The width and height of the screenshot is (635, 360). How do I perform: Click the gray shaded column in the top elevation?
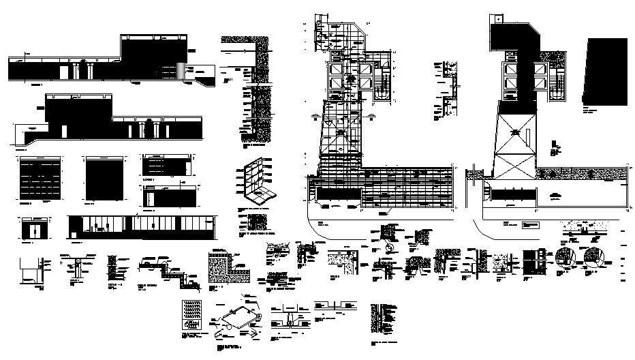pos(180,71)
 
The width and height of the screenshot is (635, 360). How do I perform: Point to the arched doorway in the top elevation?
pos(86,70)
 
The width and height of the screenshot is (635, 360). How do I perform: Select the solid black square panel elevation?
pos(104,178)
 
